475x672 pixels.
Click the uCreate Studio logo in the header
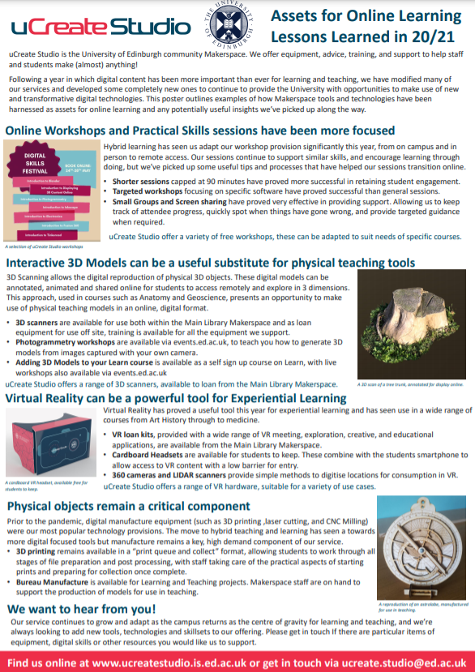point(100,26)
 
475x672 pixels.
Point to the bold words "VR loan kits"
point(137,434)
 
